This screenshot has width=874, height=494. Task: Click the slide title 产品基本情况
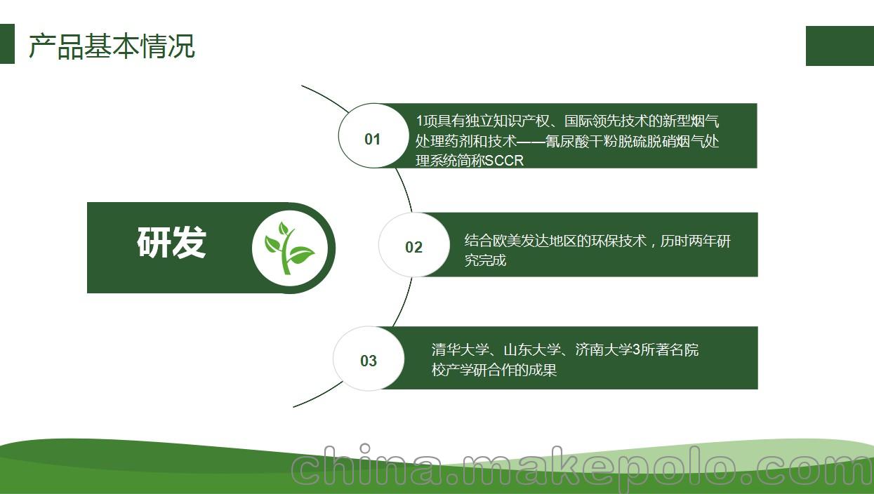click(x=112, y=46)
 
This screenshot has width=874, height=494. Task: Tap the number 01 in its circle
click(x=372, y=139)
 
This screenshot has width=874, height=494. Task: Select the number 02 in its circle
click(x=413, y=247)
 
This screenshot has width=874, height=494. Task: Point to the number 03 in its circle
click(x=369, y=361)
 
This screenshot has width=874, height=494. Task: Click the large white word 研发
click(x=171, y=243)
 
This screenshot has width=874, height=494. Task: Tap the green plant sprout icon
click(x=289, y=248)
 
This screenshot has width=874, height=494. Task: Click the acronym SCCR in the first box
click(x=504, y=161)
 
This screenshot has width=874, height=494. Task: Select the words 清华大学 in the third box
click(x=461, y=349)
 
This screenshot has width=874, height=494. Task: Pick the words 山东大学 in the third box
click(x=532, y=349)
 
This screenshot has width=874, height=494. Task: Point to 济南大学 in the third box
click(x=604, y=349)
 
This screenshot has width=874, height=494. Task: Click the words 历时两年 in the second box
click(x=688, y=241)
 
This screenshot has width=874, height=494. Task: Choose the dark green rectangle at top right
click(x=840, y=46)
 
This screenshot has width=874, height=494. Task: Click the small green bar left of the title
click(x=7, y=44)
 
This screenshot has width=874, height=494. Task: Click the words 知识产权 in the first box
click(x=521, y=121)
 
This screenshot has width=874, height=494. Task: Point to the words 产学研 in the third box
click(x=466, y=370)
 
